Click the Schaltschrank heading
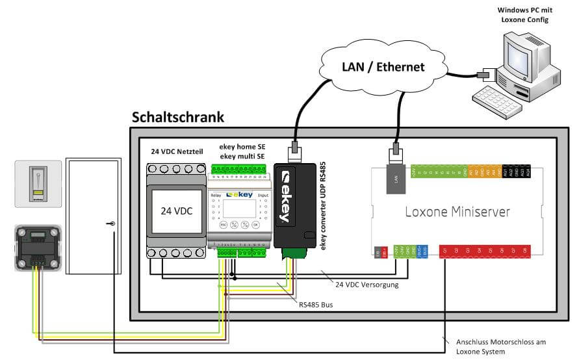(x=177, y=118)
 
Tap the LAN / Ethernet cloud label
(x=383, y=66)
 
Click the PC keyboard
(x=498, y=97)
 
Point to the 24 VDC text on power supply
(x=177, y=212)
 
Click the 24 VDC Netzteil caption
(x=177, y=151)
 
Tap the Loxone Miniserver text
(x=457, y=211)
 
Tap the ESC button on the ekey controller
(x=222, y=224)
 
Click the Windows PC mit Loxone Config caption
(x=526, y=15)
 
